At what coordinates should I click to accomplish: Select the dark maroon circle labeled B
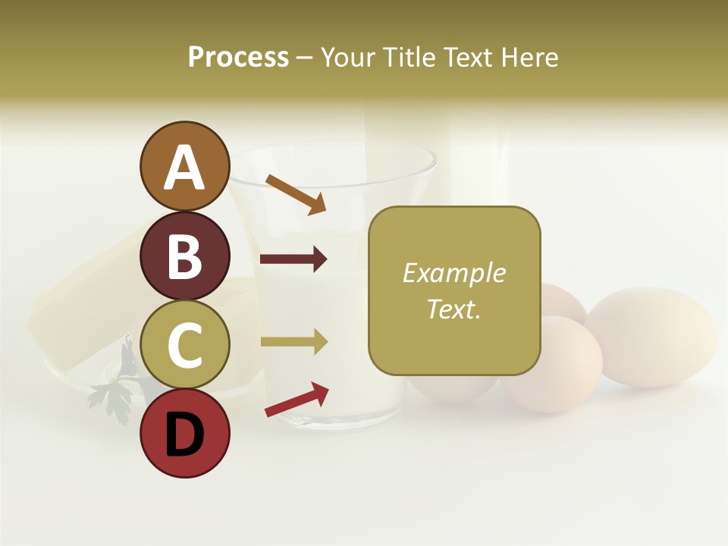(184, 256)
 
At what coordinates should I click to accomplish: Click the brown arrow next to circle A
(296, 193)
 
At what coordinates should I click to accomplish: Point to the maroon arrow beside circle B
(293, 260)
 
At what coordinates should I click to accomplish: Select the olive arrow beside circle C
(293, 342)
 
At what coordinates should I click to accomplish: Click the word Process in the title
(238, 58)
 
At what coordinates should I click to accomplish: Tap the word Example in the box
(453, 273)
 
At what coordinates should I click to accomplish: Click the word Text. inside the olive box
(453, 309)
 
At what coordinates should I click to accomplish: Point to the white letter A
(184, 168)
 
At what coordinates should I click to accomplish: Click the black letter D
(184, 435)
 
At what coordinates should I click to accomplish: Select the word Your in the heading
(347, 58)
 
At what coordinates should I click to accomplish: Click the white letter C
(184, 345)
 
